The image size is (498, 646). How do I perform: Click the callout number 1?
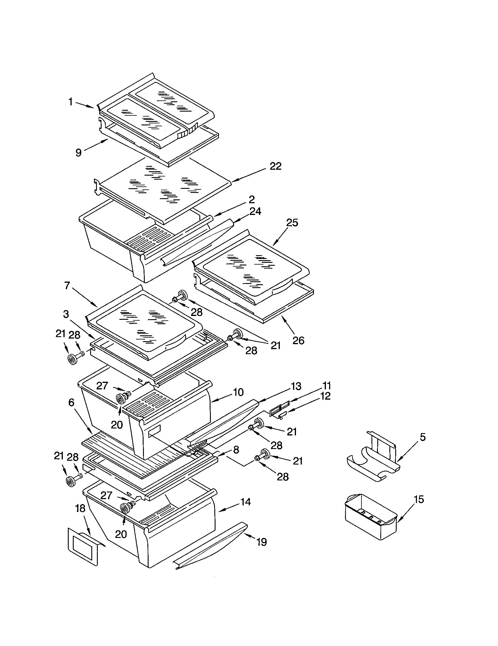pos(70,102)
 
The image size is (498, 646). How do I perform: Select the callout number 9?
pos(78,152)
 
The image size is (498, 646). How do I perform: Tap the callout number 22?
pos(275,166)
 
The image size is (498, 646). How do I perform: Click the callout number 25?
pos(292,223)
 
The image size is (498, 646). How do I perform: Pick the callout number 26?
pos(298,340)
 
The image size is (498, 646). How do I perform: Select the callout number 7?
pos(67,285)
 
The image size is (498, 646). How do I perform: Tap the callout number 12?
pos(325,396)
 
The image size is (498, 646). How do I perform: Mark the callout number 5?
pos(423,437)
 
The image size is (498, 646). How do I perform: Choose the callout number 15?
pos(419,499)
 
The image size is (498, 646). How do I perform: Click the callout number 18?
pos(80,508)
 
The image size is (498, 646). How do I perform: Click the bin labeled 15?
pos(371,516)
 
